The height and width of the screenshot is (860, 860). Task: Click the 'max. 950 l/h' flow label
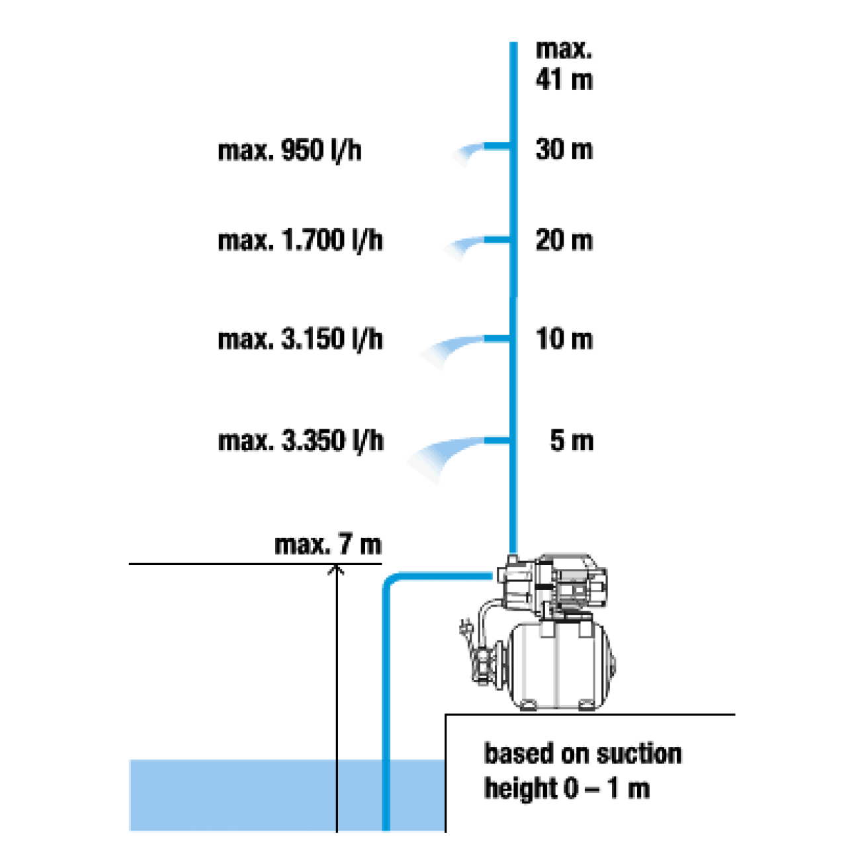(290, 150)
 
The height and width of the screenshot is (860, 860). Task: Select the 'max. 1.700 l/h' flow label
(300, 241)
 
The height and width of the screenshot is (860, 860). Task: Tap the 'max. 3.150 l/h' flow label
(300, 339)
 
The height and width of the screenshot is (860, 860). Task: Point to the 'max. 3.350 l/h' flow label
(301, 441)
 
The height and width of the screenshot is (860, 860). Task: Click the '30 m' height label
(564, 150)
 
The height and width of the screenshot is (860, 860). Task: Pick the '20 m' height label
(564, 240)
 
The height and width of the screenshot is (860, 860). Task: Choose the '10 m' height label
(564, 339)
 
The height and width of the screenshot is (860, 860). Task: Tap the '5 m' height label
(572, 441)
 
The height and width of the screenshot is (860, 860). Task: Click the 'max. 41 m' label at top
(564, 65)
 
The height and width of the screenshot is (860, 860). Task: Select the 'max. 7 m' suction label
(328, 545)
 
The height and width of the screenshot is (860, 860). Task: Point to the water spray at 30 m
(468, 154)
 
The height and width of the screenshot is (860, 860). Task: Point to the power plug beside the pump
(464, 629)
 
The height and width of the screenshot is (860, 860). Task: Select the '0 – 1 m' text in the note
(607, 789)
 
